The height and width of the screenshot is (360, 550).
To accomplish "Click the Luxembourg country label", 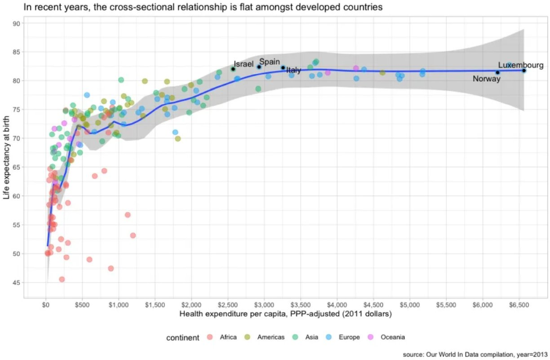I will (520, 65).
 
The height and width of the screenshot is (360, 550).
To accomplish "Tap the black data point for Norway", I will (497, 73).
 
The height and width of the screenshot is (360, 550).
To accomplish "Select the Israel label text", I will (243, 64).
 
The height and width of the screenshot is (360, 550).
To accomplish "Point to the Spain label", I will (269, 62).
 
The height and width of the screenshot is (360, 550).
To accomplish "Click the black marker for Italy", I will (283, 67).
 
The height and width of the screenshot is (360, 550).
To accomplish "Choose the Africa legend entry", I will (223, 337).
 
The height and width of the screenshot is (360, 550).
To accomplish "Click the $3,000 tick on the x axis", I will (264, 305).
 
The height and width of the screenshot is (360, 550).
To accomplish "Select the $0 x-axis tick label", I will (46, 305).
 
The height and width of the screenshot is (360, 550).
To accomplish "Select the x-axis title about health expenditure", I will (285, 314).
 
